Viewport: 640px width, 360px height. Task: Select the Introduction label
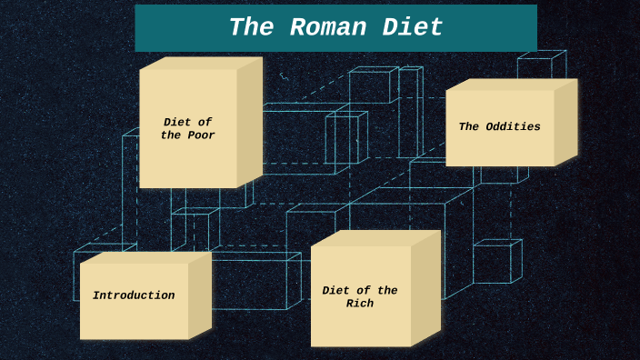[134, 295]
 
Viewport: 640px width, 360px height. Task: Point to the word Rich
[360, 304]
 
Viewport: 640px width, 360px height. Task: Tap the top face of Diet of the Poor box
[201, 63]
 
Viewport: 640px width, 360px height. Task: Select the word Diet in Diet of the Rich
[336, 291]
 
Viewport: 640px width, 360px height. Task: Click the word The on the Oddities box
[469, 127]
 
